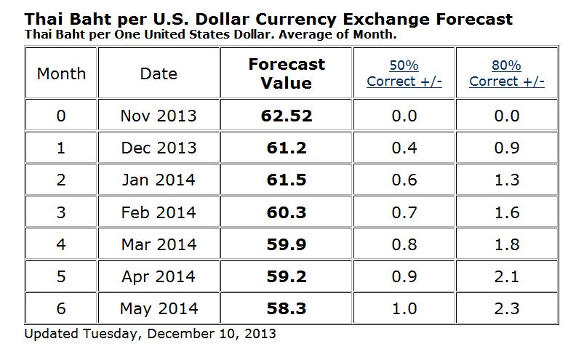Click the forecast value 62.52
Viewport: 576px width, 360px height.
tap(286, 116)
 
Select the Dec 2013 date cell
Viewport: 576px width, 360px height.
tap(158, 148)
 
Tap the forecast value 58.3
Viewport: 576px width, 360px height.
tap(286, 308)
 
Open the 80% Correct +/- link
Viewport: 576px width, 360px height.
tap(506, 73)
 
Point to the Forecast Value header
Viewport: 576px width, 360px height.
tap(286, 73)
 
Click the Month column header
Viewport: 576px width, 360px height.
tap(61, 73)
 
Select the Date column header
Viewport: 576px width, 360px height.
tap(158, 73)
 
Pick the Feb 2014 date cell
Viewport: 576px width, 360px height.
tap(158, 212)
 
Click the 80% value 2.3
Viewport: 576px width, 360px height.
tap(506, 308)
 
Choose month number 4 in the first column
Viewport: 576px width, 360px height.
tap(61, 244)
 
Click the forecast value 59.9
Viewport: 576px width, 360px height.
tap(286, 244)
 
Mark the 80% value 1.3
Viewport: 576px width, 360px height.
tap(506, 180)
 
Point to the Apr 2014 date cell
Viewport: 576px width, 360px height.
tap(158, 276)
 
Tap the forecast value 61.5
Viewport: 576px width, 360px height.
tap(286, 180)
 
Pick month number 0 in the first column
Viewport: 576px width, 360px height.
tap(61, 116)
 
